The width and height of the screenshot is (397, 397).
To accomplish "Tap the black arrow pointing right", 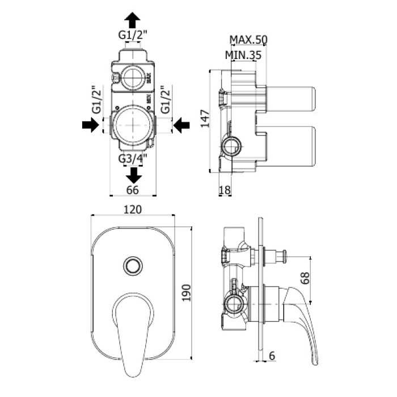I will [90, 125].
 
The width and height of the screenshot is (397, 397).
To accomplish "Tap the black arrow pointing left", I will [181, 125].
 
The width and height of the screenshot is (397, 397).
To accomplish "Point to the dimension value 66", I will [132, 190].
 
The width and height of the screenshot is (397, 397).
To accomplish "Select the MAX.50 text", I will [248, 39].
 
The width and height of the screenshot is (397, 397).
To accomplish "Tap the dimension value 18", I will [225, 190].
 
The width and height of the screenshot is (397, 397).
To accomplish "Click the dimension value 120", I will [132, 209].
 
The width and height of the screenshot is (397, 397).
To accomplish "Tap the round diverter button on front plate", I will [133, 265].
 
